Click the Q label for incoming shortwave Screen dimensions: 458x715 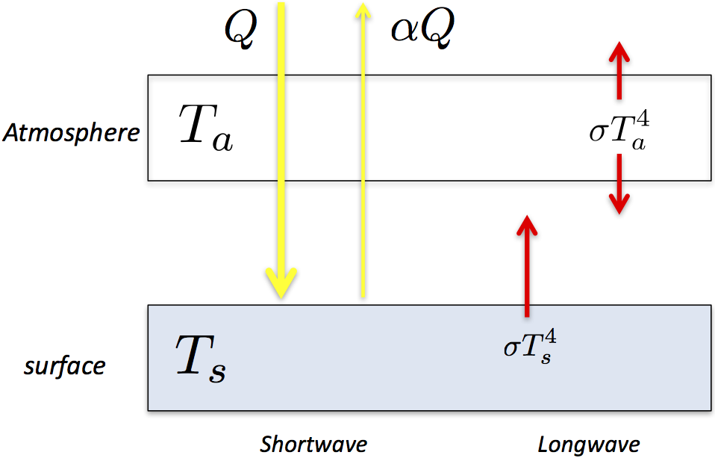point(241,29)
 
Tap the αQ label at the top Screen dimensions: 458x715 point(422,30)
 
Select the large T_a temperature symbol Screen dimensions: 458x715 point(204,128)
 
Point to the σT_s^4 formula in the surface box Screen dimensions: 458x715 point(531,346)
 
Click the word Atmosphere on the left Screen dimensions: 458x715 point(71,133)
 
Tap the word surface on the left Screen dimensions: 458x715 point(65,367)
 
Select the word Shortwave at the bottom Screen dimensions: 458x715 point(313,445)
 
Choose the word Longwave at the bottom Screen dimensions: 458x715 point(589,445)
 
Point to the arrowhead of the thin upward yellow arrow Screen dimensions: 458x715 point(363,11)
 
